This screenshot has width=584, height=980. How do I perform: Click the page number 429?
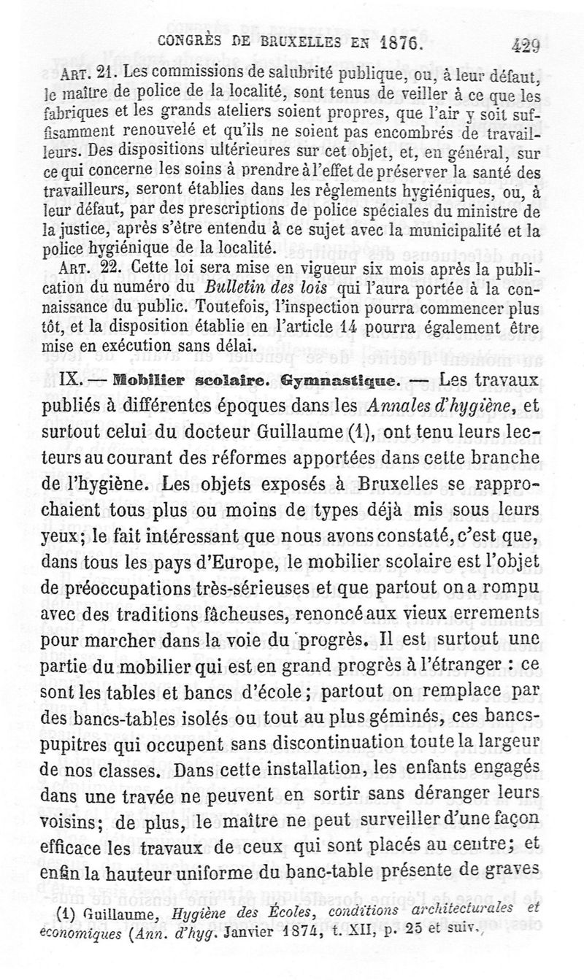click(526, 45)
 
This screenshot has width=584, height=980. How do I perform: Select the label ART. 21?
click(95, 75)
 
